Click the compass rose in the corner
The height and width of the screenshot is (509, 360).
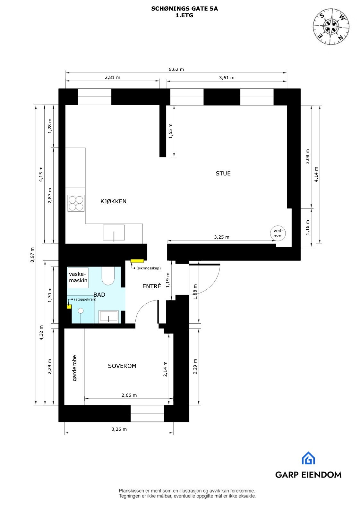point(331,25)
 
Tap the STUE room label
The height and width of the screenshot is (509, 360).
point(223,174)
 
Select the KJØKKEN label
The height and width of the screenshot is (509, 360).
point(113,201)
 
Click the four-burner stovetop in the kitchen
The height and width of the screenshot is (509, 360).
point(76,203)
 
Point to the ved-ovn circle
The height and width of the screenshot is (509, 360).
point(278,233)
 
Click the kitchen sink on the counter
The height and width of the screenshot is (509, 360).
point(114,233)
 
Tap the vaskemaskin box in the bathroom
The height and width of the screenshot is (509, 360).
point(78,277)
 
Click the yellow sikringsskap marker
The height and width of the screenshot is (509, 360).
point(137,261)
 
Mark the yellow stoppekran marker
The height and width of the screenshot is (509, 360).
point(69,307)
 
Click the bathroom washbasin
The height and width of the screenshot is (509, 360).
point(108,316)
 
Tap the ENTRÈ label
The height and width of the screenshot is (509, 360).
point(152,286)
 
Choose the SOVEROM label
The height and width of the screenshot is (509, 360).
point(122,366)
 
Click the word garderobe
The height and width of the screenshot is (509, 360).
point(75,368)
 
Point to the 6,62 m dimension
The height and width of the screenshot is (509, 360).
point(176,69)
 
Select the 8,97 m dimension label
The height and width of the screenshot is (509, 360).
point(32,255)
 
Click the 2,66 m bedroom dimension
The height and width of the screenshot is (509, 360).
point(129,395)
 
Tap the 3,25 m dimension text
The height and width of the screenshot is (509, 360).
point(222,237)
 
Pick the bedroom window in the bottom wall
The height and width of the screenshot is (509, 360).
point(147,413)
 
